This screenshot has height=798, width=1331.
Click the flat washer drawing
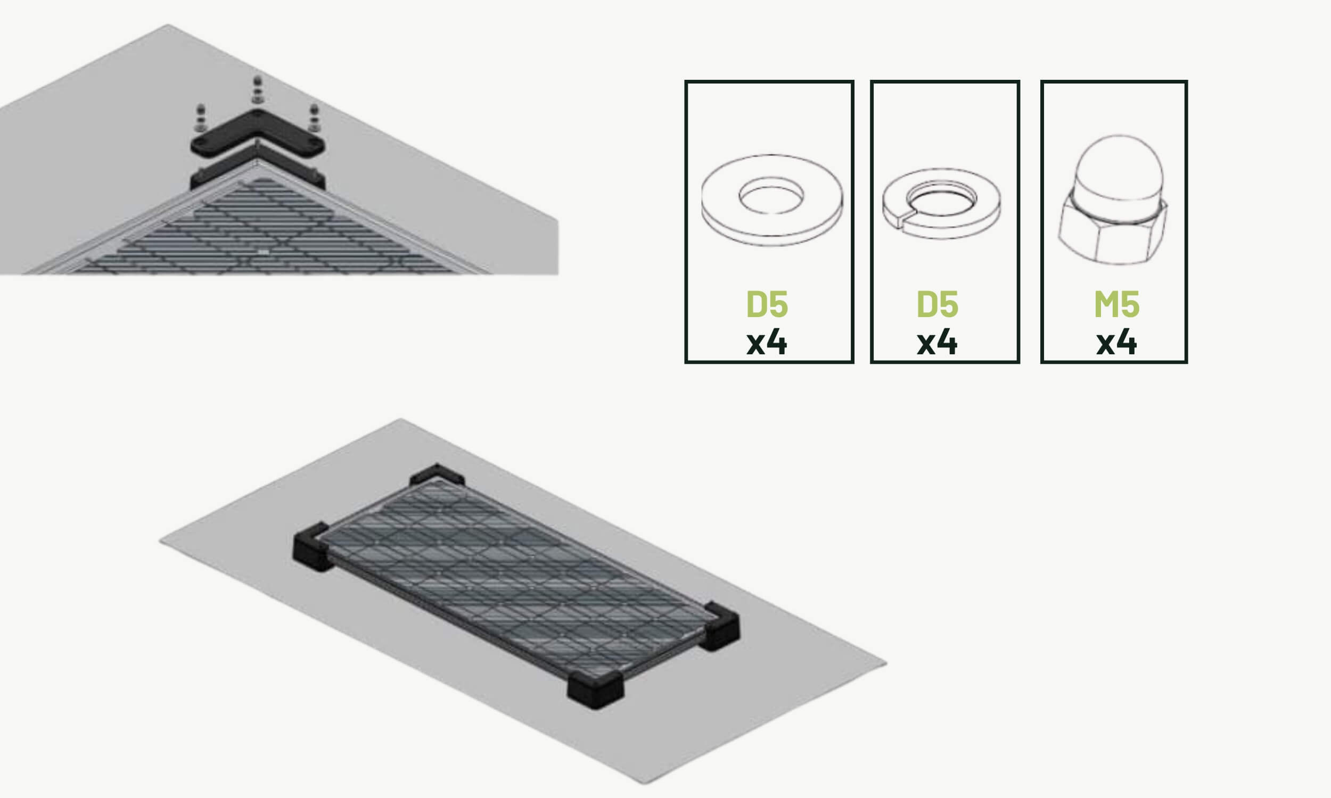pyautogui.click(x=772, y=215)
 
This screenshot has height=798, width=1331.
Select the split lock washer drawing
pyautogui.click(x=941, y=203)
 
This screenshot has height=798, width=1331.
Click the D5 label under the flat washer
pyautogui.click(x=767, y=305)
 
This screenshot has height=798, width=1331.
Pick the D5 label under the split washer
pyautogui.click(x=937, y=305)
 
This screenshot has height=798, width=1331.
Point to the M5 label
pyautogui.click(x=1116, y=305)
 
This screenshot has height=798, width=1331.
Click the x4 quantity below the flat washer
pyautogui.click(x=767, y=343)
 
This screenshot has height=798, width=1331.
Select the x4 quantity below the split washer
pyautogui.click(x=937, y=343)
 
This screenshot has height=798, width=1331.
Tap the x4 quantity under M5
pyautogui.click(x=1116, y=343)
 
